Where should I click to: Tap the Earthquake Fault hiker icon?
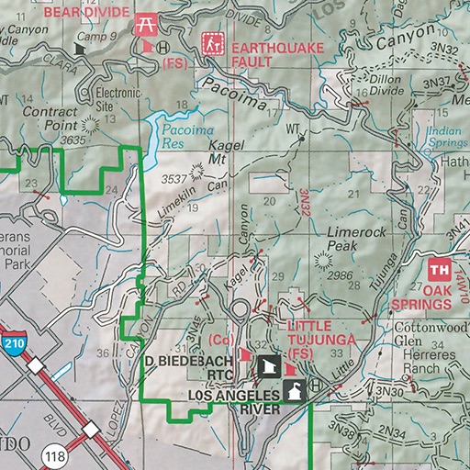tap(213, 43)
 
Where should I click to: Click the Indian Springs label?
tap(446, 137)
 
